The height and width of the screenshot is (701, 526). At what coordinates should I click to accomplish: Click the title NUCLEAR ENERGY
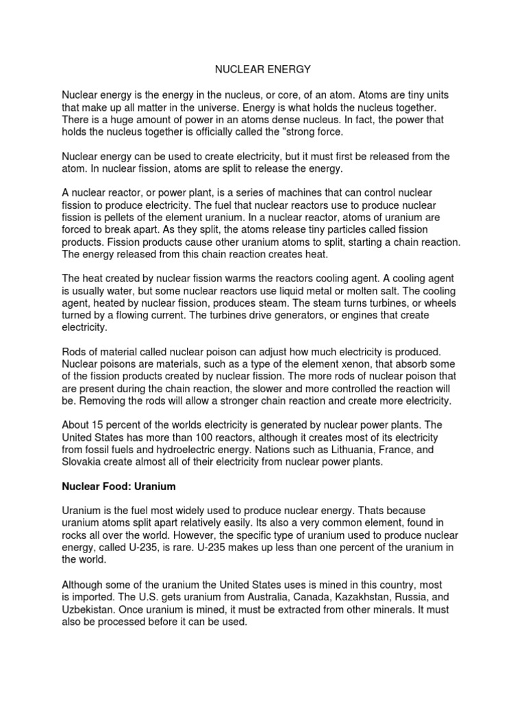(263, 69)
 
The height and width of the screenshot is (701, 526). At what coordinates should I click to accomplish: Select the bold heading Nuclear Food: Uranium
(119, 487)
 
